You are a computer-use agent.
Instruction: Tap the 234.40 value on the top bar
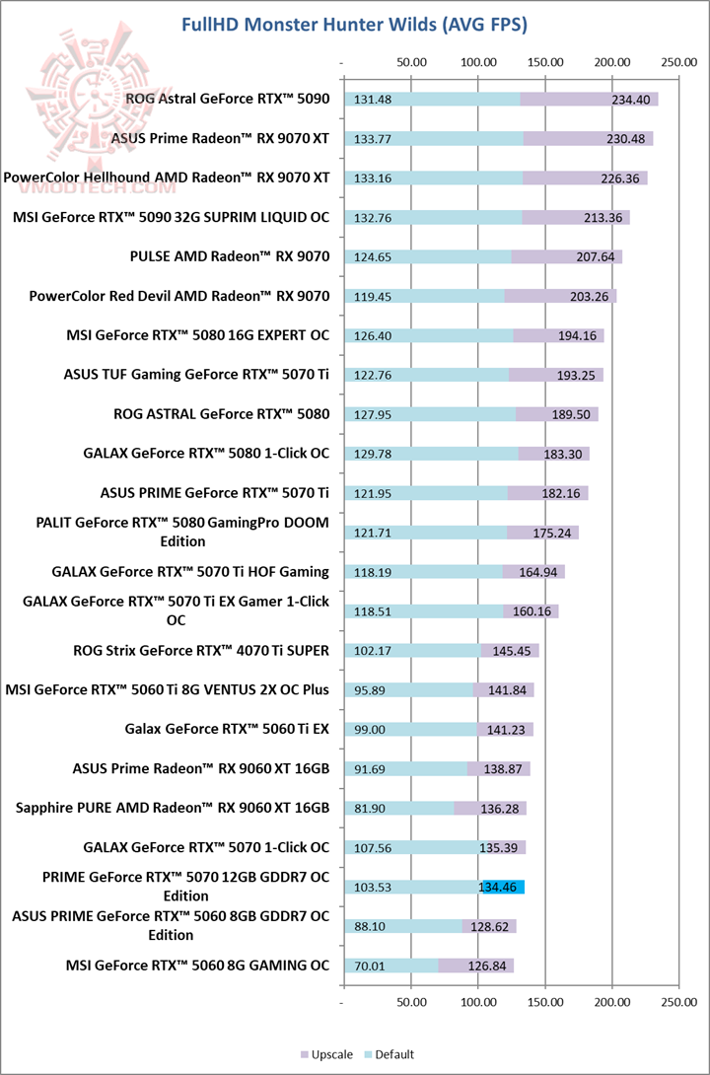click(x=627, y=100)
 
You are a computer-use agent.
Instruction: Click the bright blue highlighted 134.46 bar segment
click(x=503, y=888)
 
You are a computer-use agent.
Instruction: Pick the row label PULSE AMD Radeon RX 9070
click(x=230, y=256)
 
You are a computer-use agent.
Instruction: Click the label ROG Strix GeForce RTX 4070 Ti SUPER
click(x=201, y=650)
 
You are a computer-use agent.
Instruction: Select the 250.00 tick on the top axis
click(x=678, y=62)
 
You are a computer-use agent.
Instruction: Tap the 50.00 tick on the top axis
click(x=410, y=62)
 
